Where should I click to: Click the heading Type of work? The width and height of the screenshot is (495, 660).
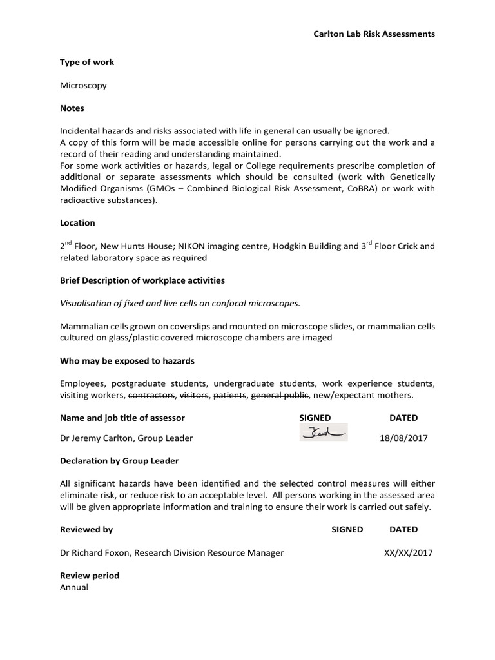(x=87, y=62)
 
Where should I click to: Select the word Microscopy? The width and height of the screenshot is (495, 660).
(x=83, y=85)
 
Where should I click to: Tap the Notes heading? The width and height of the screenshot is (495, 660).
(x=72, y=108)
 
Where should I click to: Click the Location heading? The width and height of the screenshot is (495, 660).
(x=77, y=222)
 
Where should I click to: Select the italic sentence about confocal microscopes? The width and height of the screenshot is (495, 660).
(x=180, y=304)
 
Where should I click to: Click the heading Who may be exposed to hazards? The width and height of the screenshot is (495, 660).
(x=127, y=360)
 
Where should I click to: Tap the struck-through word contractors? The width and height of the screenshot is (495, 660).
(x=152, y=395)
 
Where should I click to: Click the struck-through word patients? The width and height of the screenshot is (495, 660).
(x=229, y=395)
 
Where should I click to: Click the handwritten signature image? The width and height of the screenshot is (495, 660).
(x=324, y=433)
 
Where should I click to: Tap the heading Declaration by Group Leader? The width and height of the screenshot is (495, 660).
(x=119, y=460)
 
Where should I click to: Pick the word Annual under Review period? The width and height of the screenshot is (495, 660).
(x=74, y=587)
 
